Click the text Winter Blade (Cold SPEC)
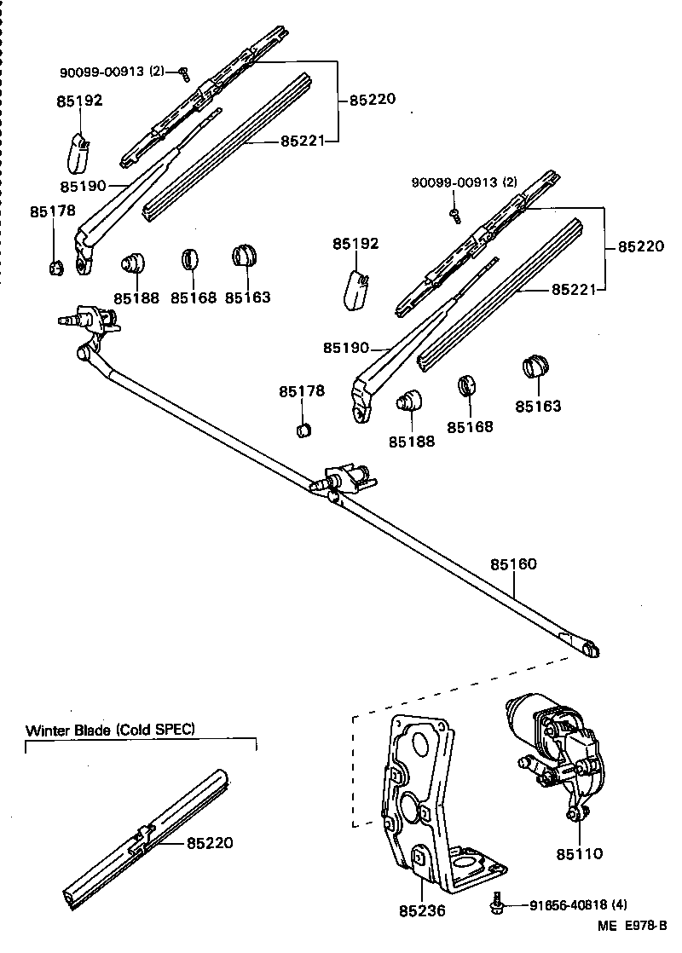110,730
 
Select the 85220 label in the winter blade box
210,843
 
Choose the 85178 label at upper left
53,211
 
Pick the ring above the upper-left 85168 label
191,258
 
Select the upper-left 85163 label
248,297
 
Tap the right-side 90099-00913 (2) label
465,182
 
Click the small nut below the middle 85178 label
303,428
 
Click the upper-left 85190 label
83,185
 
